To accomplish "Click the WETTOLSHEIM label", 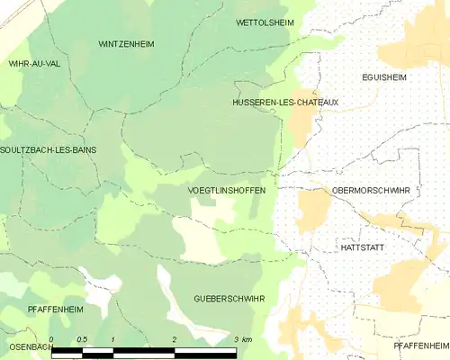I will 265,22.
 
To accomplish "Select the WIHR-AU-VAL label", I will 34,64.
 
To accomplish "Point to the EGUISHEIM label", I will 384,77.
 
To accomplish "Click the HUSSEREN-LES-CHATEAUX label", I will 286,103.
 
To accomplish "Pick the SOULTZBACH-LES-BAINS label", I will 49,149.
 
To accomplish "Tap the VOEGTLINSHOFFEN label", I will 226,191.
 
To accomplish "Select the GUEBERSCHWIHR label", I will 229,297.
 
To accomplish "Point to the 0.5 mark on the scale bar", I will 81,339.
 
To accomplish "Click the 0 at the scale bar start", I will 51,339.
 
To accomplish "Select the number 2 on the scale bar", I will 173,339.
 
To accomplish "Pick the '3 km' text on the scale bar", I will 241,339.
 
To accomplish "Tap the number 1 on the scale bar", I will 112,339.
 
